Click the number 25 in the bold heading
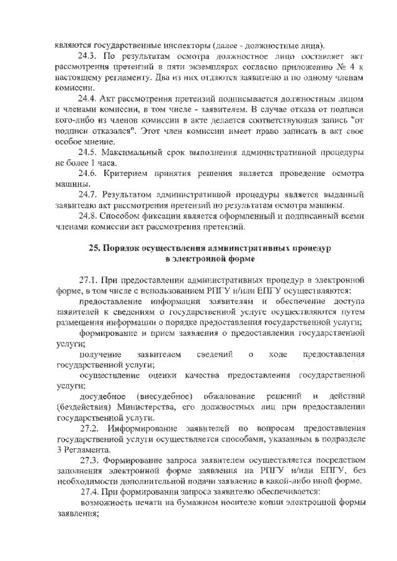click(x=94, y=247)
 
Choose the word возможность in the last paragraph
click(x=105, y=503)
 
